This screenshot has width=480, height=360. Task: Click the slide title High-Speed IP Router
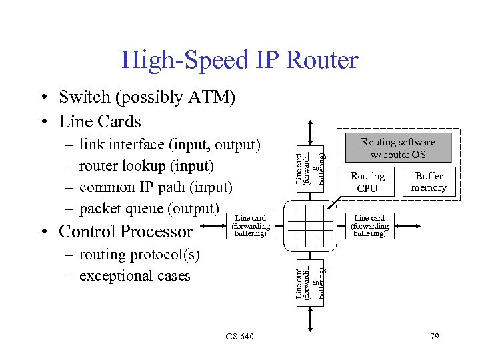(239, 61)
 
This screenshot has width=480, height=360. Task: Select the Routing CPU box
(367, 182)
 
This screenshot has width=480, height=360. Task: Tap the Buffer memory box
(428, 182)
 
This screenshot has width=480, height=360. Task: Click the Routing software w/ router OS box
(398, 148)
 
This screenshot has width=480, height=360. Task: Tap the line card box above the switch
(311, 165)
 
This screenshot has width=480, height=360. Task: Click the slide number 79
(434, 336)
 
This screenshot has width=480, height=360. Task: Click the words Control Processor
(125, 232)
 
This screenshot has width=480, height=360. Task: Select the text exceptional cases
(135, 276)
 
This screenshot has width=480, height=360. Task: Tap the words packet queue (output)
(149, 209)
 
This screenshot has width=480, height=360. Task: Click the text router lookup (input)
(147, 166)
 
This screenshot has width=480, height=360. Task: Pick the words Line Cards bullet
(100, 121)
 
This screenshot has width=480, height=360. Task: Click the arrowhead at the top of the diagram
(311, 125)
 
